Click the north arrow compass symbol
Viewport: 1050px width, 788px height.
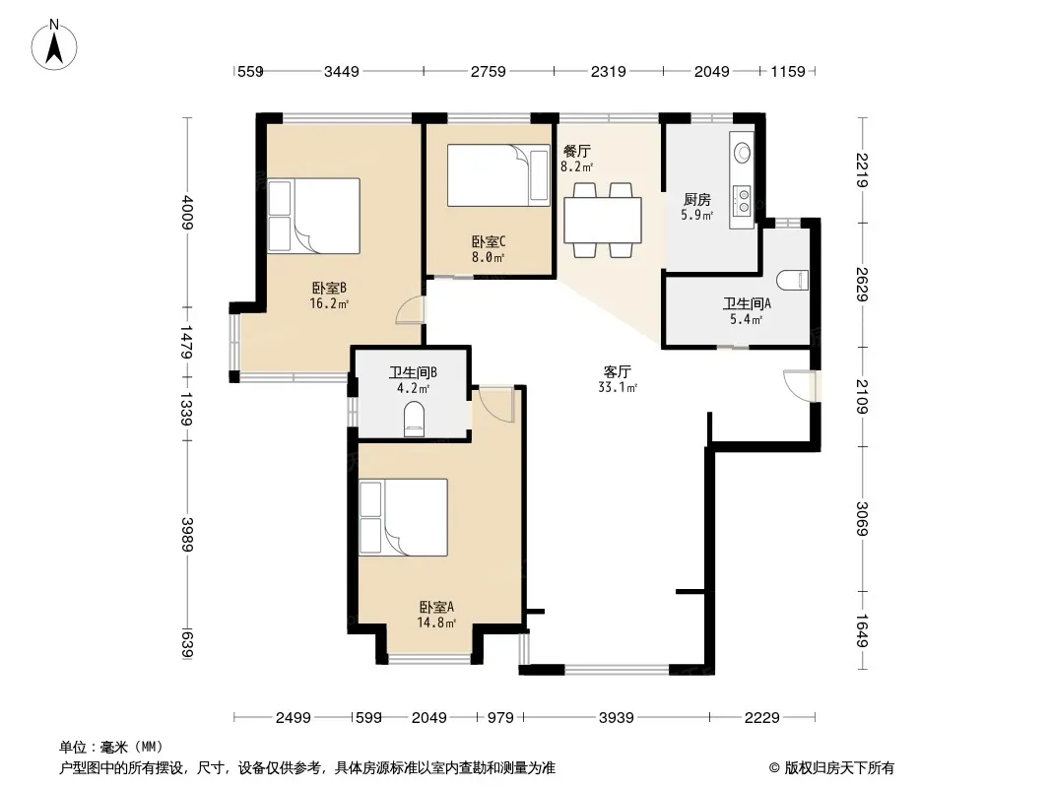point(54,45)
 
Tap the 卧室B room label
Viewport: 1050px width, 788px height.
point(329,289)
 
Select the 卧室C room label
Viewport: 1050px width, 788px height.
point(489,241)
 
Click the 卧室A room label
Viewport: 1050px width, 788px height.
point(436,607)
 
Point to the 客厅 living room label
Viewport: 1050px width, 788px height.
point(618,371)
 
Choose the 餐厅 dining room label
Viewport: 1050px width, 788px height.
point(576,152)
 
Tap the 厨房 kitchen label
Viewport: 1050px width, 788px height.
point(697,200)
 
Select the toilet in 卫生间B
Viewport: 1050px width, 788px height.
point(415,419)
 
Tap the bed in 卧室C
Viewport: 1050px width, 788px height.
point(498,175)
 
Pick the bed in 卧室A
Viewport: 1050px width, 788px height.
point(403,517)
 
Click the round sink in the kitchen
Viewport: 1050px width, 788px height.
point(742,153)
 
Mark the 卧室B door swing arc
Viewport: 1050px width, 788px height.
point(409,310)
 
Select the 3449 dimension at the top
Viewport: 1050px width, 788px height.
point(342,71)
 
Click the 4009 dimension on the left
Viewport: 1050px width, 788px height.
point(187,212)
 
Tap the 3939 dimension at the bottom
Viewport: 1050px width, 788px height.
point(616,718)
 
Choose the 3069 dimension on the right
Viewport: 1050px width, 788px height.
point(862,519)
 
